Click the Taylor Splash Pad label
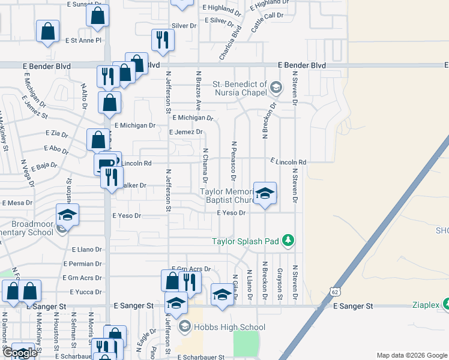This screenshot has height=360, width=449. coord(245,241)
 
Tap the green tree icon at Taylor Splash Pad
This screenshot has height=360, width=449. coord(289,241)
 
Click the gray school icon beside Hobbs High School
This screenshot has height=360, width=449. coord(185,327)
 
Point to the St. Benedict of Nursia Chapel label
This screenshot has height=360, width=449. coord(239,88)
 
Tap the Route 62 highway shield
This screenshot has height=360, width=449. coord(335,292)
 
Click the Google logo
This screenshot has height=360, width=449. coord(20,353)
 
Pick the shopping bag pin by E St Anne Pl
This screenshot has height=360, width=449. coord(47,32)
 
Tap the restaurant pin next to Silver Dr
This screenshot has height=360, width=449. coord(162,40)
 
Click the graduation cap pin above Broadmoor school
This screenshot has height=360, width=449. coord(68,215)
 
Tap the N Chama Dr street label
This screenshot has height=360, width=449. coord(205,166)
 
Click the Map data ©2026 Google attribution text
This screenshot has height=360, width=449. coord(412,355)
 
